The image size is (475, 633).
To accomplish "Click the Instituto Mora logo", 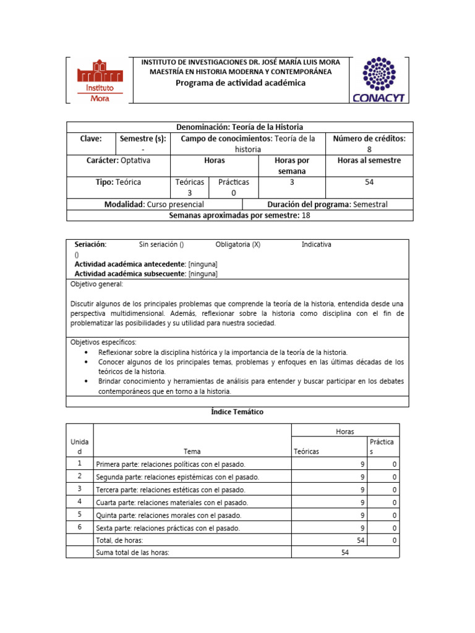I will [99, 80].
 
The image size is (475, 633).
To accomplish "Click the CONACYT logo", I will [377, 80].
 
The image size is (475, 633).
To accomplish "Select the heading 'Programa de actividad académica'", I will [241, 83].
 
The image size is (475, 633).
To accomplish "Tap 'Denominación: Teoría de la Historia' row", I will [240, 127].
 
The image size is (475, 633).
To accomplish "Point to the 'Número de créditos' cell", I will [369, 144].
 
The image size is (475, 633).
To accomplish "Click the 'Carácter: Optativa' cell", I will [118, 160].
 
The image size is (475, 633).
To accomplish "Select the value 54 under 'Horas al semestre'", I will [369, 182].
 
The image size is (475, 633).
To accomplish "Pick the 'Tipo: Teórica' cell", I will [118, 182].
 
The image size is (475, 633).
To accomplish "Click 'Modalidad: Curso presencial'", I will [155, 204].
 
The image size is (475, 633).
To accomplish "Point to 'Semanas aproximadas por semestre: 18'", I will [240, 215].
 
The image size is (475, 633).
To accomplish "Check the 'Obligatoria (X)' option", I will [238, 245].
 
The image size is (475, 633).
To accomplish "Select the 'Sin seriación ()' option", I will [161, 245].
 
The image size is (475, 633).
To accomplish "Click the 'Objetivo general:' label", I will [97, 284].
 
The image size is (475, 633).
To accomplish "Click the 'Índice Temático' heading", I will [237, 412].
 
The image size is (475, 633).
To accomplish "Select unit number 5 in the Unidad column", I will [79, 514].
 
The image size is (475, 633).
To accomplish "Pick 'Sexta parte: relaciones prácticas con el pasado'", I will [168, 528].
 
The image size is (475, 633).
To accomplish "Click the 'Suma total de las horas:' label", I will [132, 553].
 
